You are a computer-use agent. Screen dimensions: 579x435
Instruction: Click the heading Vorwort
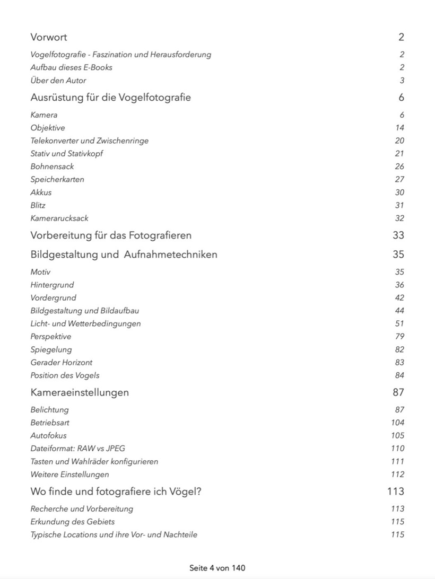click(49, 37)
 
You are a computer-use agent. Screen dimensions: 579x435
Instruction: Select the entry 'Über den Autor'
click(58, 81)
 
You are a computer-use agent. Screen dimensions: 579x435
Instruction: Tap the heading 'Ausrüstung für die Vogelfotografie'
click(111, 98)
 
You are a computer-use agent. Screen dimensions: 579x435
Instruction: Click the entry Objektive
click(48, 128)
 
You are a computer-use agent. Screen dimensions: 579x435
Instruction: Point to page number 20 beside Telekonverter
click(399, 141)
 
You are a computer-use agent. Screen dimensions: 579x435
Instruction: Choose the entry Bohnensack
click(52, 166)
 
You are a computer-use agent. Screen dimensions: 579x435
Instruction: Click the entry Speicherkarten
click(57, 179)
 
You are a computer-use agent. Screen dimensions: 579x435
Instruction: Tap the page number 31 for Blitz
click(399, 205)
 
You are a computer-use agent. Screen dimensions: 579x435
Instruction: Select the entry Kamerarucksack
click(59, 218)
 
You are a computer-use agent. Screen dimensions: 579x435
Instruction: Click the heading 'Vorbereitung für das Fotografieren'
click(111, 235)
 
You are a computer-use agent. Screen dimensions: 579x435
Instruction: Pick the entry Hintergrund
click(52, 285)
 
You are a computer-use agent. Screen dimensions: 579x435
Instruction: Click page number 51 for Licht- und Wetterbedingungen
click(399, 323)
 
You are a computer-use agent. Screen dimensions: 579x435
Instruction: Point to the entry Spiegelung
click(51, 349)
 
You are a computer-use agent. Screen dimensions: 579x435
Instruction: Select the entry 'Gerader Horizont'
click(62, 363)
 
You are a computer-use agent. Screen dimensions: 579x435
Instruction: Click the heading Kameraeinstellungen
click(80, 392)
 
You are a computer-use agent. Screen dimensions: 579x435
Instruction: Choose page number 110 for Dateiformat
click(397, 449)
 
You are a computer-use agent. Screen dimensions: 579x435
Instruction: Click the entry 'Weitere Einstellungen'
click(69, 475)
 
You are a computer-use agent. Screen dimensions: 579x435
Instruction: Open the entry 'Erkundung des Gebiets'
click(73, 522)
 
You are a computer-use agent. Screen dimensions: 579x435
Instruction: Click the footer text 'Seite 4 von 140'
click(217, 568)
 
